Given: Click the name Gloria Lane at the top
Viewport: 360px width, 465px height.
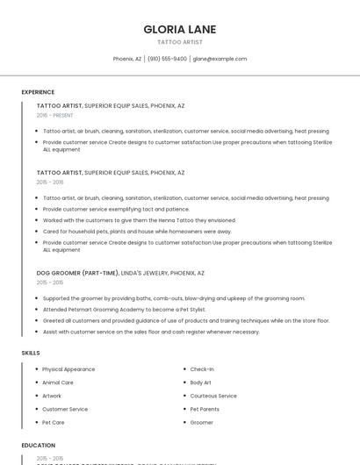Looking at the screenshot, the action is coord(179,30).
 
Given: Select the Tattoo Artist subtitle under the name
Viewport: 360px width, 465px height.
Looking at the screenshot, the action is coord(179,42).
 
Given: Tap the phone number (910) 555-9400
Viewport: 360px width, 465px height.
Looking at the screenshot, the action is coord(167,59).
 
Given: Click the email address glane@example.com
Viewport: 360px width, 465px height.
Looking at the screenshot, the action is coord(220,59).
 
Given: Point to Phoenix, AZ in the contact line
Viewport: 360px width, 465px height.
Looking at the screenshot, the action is coord(127,59).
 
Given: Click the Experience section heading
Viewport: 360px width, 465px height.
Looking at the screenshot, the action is coord(38,92).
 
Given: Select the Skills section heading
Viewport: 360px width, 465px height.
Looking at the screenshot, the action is coord(31,353).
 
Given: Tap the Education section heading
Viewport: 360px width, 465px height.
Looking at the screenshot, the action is coord(39,446).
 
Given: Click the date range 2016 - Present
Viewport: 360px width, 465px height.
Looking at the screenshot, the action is coord(55,115).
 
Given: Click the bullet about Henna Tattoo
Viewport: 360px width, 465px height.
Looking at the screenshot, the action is coord(139,220).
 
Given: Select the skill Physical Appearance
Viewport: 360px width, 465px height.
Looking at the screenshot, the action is coord(68,369).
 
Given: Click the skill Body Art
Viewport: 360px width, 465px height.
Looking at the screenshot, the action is coord(201,383).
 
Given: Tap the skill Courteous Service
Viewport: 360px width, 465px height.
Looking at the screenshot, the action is coord(213,396).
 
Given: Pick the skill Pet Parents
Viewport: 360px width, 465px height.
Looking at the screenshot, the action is coord(205,409).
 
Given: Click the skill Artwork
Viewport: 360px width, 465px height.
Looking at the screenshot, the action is coord(52,396).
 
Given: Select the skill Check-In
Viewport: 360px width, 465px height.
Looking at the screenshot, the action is coord(202,369).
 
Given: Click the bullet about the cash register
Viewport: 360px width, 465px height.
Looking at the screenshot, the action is coord(151,332).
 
